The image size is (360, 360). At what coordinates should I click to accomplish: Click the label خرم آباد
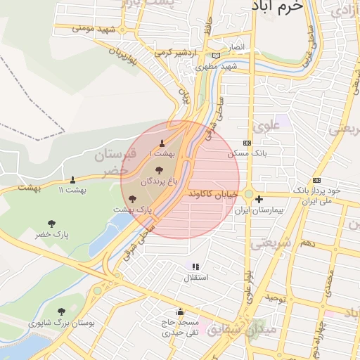click(277, 6)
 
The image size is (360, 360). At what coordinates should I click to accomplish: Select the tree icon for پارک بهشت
click(133, 199)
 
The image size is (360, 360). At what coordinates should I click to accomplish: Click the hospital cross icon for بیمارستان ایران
click(259, 199)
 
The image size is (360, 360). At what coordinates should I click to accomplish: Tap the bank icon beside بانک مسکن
click(246, 142)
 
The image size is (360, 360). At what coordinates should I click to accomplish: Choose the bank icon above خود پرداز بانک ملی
click(316, 179)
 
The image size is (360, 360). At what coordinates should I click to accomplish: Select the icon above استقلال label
click(195, 266)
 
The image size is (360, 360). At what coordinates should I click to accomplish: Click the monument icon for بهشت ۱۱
click(72, 179)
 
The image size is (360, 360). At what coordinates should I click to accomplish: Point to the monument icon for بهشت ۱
click(162, 143)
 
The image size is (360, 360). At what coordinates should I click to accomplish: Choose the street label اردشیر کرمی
click(174, 52)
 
